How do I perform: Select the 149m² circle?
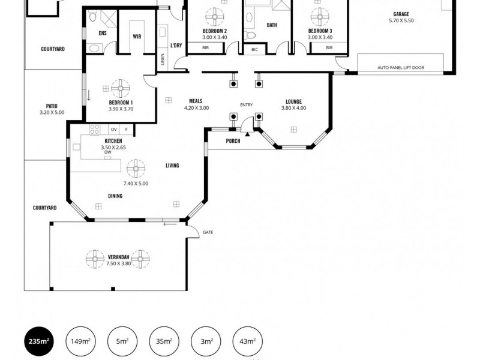80,341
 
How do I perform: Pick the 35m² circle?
164,341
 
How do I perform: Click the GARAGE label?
401,14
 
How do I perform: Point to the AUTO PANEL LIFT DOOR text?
400,68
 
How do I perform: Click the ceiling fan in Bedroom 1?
121,88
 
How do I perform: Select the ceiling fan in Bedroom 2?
214,14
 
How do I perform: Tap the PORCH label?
233,141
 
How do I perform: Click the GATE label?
208,232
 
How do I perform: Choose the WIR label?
137,36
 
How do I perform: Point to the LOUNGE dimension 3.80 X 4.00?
293,108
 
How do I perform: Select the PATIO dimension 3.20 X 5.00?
52,112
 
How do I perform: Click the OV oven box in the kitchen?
113,130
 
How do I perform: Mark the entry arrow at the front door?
247,136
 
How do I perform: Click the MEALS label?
196,101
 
